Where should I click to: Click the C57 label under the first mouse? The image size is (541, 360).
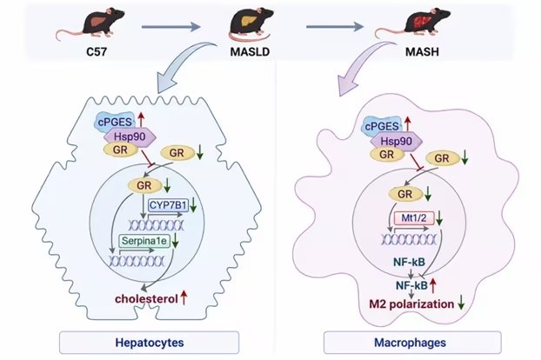click(x=97, y=51)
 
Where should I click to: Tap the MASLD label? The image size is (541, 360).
click(x=250, y=51)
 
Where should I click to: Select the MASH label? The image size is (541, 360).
click(x=422, y=51)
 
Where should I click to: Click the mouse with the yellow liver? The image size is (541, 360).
click(x=251, y=23)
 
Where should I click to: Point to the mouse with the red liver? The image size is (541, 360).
click(x=413, y=23)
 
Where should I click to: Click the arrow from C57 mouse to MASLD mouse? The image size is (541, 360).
click(x=171, y=27)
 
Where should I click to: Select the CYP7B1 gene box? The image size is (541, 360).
click(x=168, y=205)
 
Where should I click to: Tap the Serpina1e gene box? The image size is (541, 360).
click(x=144, y=240)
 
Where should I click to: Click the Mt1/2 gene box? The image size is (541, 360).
click(x=414, y=218)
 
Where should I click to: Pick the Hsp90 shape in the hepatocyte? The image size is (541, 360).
click(x=130, y=137)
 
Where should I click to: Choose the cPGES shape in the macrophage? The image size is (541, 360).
click(x=381, y=126)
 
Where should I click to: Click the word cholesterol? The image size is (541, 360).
click(x=146, y=298)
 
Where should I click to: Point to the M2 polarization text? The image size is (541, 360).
click(x=411, y=303)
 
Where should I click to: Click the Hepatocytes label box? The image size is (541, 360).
click(x=149, y=343)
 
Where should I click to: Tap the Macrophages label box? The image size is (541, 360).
click(x=412, y=343)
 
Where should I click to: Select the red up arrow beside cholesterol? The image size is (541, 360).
click(x=184, y=297)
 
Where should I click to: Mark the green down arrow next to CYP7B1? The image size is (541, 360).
click(x=193, y=205)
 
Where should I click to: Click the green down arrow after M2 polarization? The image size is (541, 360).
click(x=461, y=303)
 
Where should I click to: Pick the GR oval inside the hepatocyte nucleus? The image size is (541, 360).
click(x=144, y=185)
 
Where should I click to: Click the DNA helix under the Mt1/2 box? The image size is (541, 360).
click(x=409, y=239)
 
